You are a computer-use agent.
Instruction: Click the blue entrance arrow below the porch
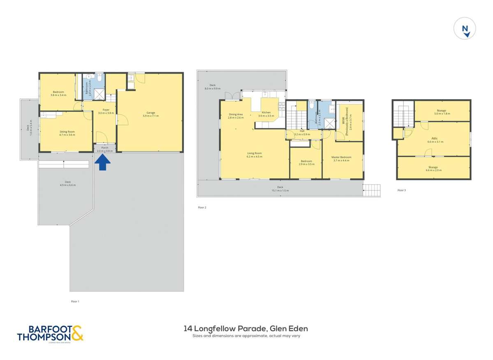(x=103, y=164)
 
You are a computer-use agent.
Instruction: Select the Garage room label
(x=150, y=114)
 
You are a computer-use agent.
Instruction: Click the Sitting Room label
(x=67, y=133)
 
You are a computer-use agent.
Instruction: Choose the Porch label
(x=104, y=149)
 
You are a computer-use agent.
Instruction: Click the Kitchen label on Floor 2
(x=266, y=114)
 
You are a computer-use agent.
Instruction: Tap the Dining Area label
(x=236, y=116)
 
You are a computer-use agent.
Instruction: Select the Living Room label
(x=254, y=155)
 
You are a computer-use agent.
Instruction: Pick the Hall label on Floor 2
(x=302, y=132)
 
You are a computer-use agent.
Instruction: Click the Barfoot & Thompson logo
(x=50, y=333)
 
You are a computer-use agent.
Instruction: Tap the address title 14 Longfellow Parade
(x=246, y=329)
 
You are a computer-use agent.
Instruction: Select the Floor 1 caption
(x=75, y=302)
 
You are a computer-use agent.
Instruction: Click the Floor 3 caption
(x=402, y=190)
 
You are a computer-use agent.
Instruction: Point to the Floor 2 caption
(x=202, y=208)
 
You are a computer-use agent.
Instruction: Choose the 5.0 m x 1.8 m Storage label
(x=441, y=112)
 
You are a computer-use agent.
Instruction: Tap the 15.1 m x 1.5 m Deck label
(x=280, y=189)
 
